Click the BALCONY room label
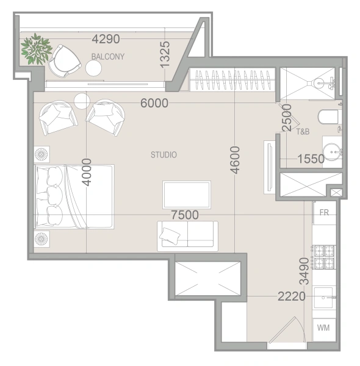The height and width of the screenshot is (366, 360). [108, 57]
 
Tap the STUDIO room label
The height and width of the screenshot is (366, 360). [164, 155]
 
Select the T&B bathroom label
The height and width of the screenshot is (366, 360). [303, 132]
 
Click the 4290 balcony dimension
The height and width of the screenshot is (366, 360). [106, 39]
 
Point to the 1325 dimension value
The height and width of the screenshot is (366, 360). [165, 55]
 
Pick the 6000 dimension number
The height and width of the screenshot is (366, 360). [154, 103]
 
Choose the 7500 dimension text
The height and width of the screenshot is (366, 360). [185, 215]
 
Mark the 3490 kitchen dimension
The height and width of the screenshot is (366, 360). [304, 271]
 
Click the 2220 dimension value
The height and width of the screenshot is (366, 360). [292, 296]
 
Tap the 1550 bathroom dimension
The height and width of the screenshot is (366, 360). [311, 159]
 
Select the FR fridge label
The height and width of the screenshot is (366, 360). [324, 212]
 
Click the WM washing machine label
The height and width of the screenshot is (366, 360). [323, 328]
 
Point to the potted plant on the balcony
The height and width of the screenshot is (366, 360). [36, 49]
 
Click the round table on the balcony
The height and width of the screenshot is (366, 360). [93, 68]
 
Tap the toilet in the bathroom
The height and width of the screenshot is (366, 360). [328, 117]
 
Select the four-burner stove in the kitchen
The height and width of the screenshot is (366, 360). [324, 257]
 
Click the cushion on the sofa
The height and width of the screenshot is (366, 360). [170, 235]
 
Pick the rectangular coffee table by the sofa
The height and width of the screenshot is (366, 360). [187, 195]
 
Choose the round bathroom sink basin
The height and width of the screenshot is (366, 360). [333, 152]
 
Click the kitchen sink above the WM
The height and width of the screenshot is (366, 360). [323, 298]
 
